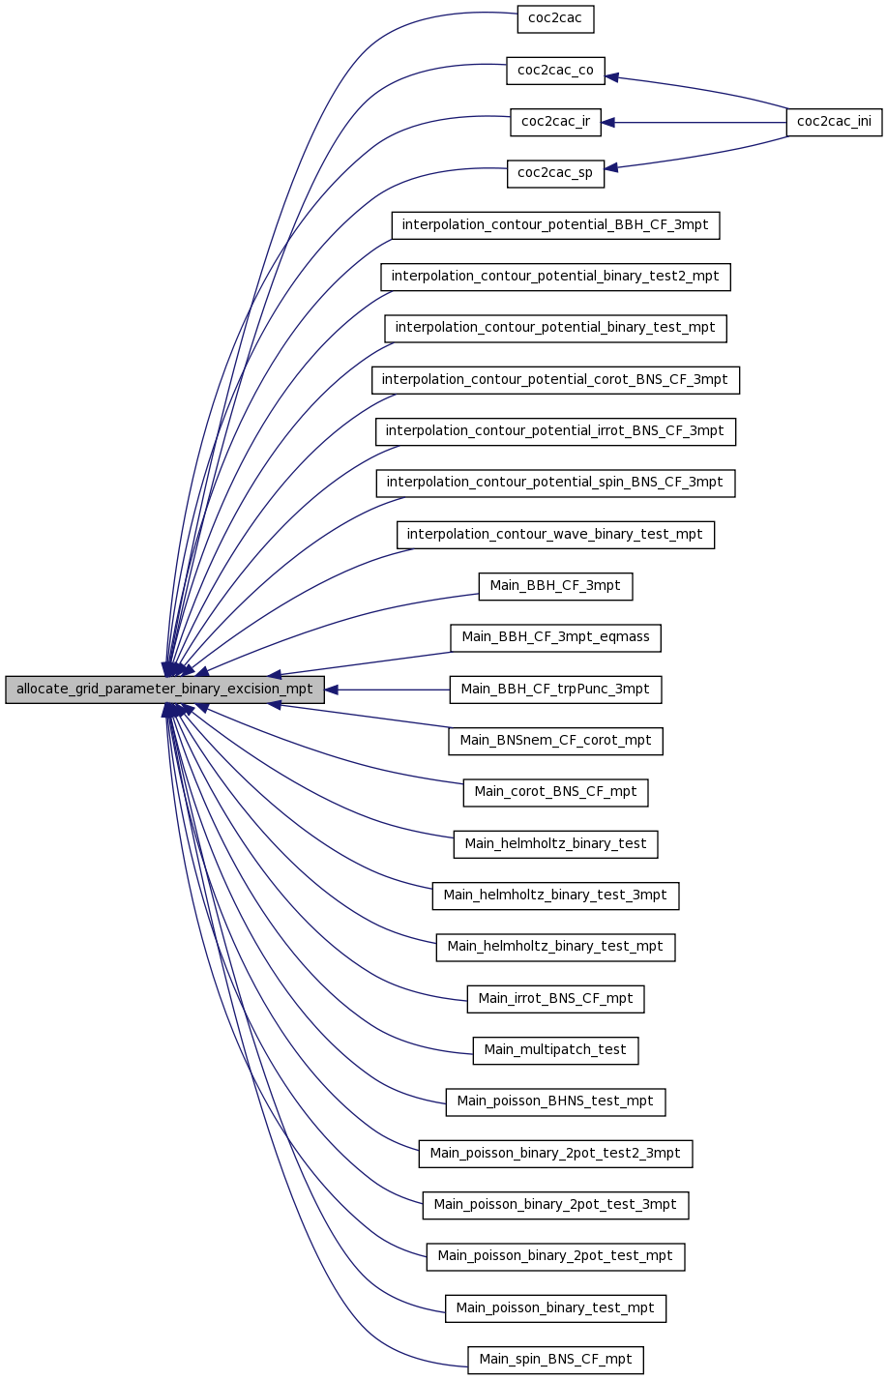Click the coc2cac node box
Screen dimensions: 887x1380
(x=555, y=19)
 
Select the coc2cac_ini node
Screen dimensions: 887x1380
(x=834, y=122)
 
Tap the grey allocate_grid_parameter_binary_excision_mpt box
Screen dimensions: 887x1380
(x=164, y=690)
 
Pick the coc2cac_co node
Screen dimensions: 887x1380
(x=555, y=71)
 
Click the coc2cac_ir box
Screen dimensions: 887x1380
(x=555, y=122)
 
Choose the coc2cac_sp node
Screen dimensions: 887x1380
(x=555, y=174)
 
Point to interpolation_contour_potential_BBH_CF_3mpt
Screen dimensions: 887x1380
(x=555, y=225)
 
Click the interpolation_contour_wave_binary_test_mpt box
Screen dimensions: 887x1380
(x=555, y=535)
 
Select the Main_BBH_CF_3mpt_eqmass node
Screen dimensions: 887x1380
(x=555, y=637)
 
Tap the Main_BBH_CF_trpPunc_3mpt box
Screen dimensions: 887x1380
(x=555, y=690)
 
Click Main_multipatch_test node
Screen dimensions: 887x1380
(x=555, y=1050)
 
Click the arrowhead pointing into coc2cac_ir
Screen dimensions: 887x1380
(x=607, y=123)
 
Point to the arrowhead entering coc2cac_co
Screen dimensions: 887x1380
(x=611, y=76)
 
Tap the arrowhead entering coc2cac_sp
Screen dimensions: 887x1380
(x=611, y=167)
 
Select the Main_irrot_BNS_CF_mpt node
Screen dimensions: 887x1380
(x=555, y=999)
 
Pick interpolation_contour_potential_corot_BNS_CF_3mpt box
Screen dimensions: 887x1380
(x=555, y=380)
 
